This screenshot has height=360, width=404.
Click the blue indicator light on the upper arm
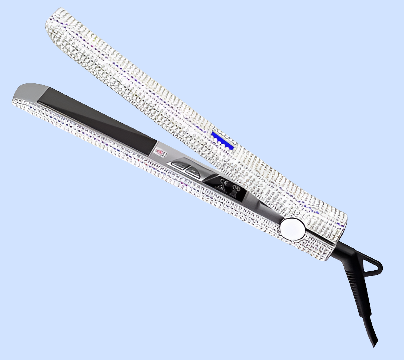(x=222, y=140)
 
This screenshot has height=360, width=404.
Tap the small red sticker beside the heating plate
(x=160, y=152)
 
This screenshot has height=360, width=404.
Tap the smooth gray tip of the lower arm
(x=32, y=91)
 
